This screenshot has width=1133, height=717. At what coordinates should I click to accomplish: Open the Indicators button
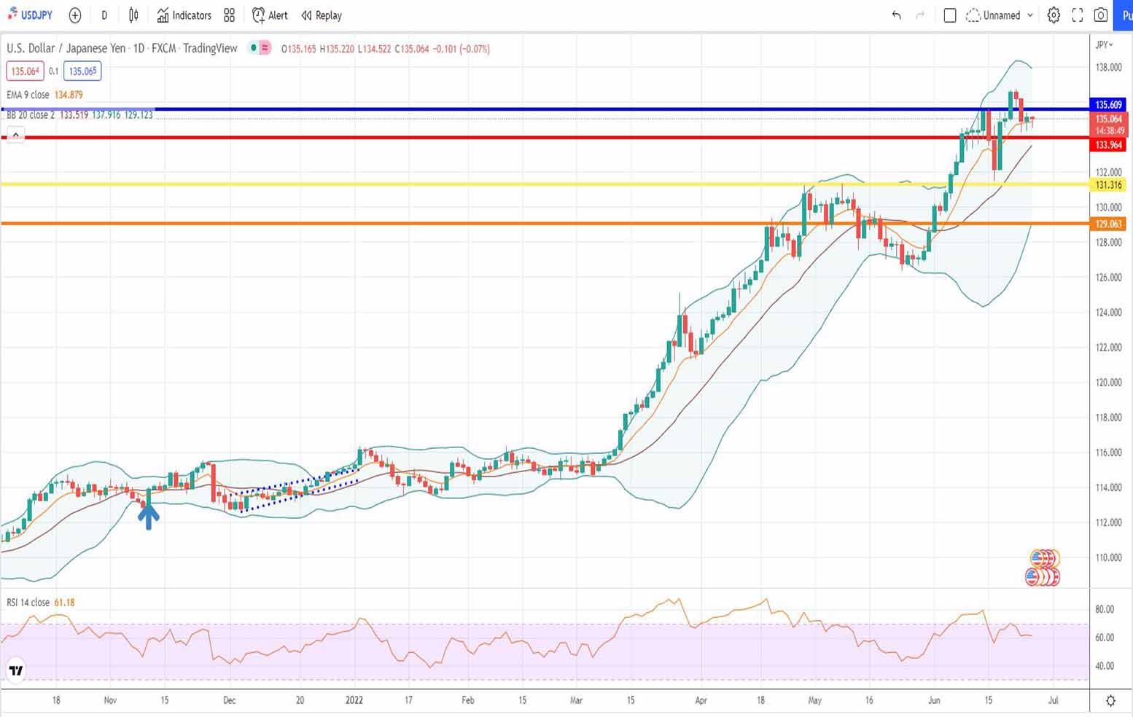pos(184,15)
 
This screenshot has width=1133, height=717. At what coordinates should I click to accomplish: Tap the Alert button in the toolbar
pos(270,15)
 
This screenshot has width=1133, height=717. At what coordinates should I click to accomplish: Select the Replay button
pos(322,15)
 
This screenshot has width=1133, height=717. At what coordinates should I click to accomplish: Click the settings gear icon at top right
pos(1054,15)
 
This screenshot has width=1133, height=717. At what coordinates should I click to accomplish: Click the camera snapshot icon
pos(1101,15)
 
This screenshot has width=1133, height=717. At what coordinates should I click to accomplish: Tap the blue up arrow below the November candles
pos(149,517)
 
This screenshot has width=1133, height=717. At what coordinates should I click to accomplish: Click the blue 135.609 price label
pos(1108,105)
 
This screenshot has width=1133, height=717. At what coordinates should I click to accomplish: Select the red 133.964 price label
pos(1108,145)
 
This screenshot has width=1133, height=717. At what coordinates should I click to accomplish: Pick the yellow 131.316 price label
pos(1108,185)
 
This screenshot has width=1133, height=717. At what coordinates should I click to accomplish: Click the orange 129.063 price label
pos(1108,224)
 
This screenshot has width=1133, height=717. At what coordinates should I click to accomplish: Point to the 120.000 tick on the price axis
pos(1108,383)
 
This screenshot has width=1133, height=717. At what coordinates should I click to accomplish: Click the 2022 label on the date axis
pos(354,700)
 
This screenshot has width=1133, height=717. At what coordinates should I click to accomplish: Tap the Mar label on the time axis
pos(576,700)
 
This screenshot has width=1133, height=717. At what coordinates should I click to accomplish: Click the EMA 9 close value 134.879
pos(69,95)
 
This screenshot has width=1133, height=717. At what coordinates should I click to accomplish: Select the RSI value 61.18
pos(64,603)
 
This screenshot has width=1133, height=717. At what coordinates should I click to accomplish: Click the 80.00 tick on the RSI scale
pos(1105,609)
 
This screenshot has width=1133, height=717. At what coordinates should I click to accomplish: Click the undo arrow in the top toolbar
pos(897,15)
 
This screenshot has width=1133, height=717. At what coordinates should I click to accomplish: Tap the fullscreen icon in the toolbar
pos(1078,15)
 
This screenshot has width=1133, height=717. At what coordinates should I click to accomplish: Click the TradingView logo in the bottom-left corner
pos(15,670)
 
